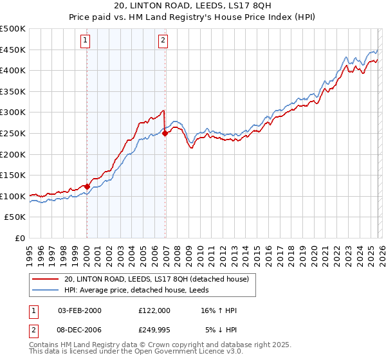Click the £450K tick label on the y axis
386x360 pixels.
[13, 50]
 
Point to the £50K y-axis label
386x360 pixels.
[15, 217]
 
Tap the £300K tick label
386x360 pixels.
[13, 113]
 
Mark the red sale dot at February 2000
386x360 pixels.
[87, 187]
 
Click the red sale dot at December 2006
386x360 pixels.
[165, 134]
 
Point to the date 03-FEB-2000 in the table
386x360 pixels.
[80, 310]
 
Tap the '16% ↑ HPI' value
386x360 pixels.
[218, 310]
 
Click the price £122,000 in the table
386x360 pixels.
[154, 310]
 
